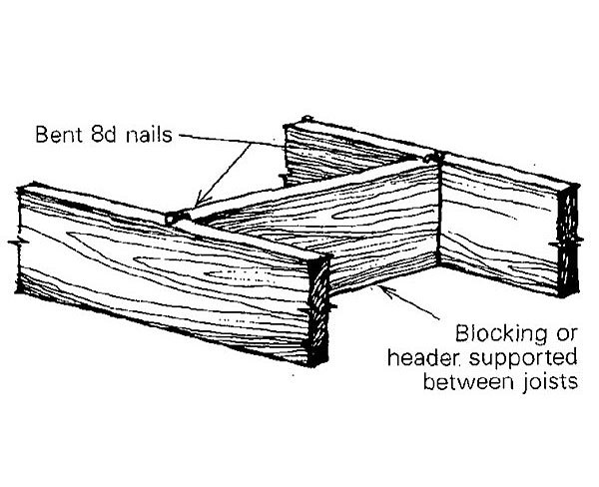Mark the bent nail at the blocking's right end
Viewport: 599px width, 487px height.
pyautogui.click(x=428, y=157)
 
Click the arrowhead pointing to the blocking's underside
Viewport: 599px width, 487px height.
pyautogui.click(x=385, y=288)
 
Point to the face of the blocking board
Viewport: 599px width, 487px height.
pyautogui.click(x=329, y=225)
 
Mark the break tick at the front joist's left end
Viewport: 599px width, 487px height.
pyautogui.click(x=14, y=243)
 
